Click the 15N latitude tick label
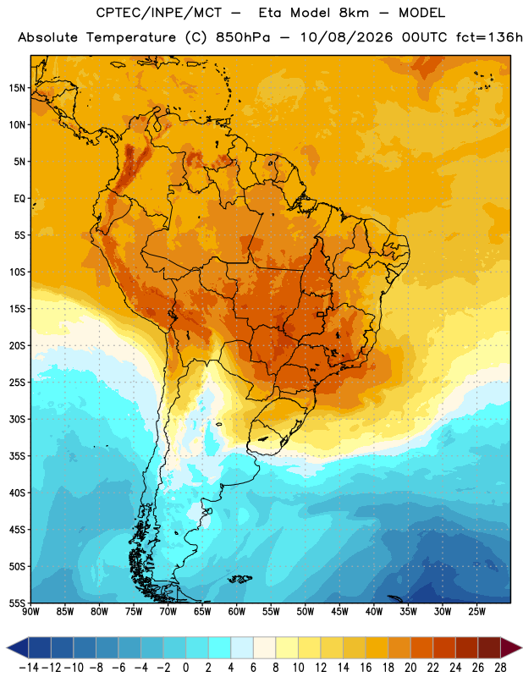17,88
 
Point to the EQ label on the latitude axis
19,199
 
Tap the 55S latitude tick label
17,603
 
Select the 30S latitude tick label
17,419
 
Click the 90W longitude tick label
30,612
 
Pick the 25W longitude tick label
476,612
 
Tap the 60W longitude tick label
237,612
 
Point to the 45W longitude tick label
339,612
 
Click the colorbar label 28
500,668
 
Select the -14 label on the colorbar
29,668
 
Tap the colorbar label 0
185,668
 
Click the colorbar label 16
366,668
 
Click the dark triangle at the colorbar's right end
510,647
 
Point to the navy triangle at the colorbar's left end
18,647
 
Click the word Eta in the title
270,13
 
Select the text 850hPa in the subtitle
243,37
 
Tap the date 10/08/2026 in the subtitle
347,37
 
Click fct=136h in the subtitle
489,37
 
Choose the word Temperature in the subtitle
131,37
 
